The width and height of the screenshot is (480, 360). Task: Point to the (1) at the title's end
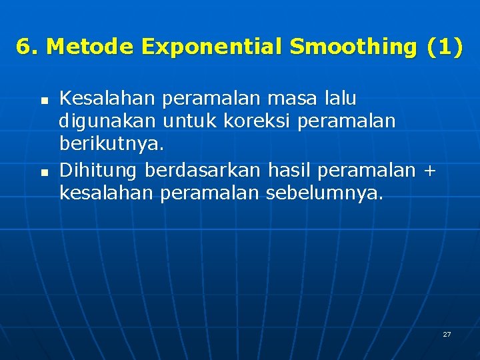443,47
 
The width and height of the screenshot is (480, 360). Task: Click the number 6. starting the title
27,47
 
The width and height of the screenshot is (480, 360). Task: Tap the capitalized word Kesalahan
107,99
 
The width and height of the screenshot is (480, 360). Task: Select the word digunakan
107,121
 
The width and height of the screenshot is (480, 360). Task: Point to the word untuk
191,121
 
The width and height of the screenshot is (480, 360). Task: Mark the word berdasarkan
203,171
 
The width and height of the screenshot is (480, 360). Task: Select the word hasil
289,171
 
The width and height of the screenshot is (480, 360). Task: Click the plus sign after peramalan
429,171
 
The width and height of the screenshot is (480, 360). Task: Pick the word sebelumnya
325,194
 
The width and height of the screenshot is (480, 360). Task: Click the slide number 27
447,334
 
